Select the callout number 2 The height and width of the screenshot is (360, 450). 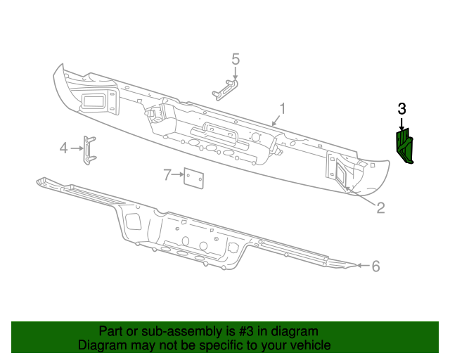[x=380, y=207]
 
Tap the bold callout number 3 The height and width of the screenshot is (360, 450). [x=401, y=108]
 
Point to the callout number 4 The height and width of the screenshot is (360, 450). [x=63, y=148]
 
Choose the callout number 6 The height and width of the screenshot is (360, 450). [x=375, y=266]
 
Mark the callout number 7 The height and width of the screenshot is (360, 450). [x=167, y=174]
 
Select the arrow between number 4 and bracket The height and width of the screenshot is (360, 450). [x=76, y=148]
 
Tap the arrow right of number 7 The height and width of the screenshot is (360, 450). [x=178, y=175]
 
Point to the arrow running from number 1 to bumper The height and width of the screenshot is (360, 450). [x=276, y=120]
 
